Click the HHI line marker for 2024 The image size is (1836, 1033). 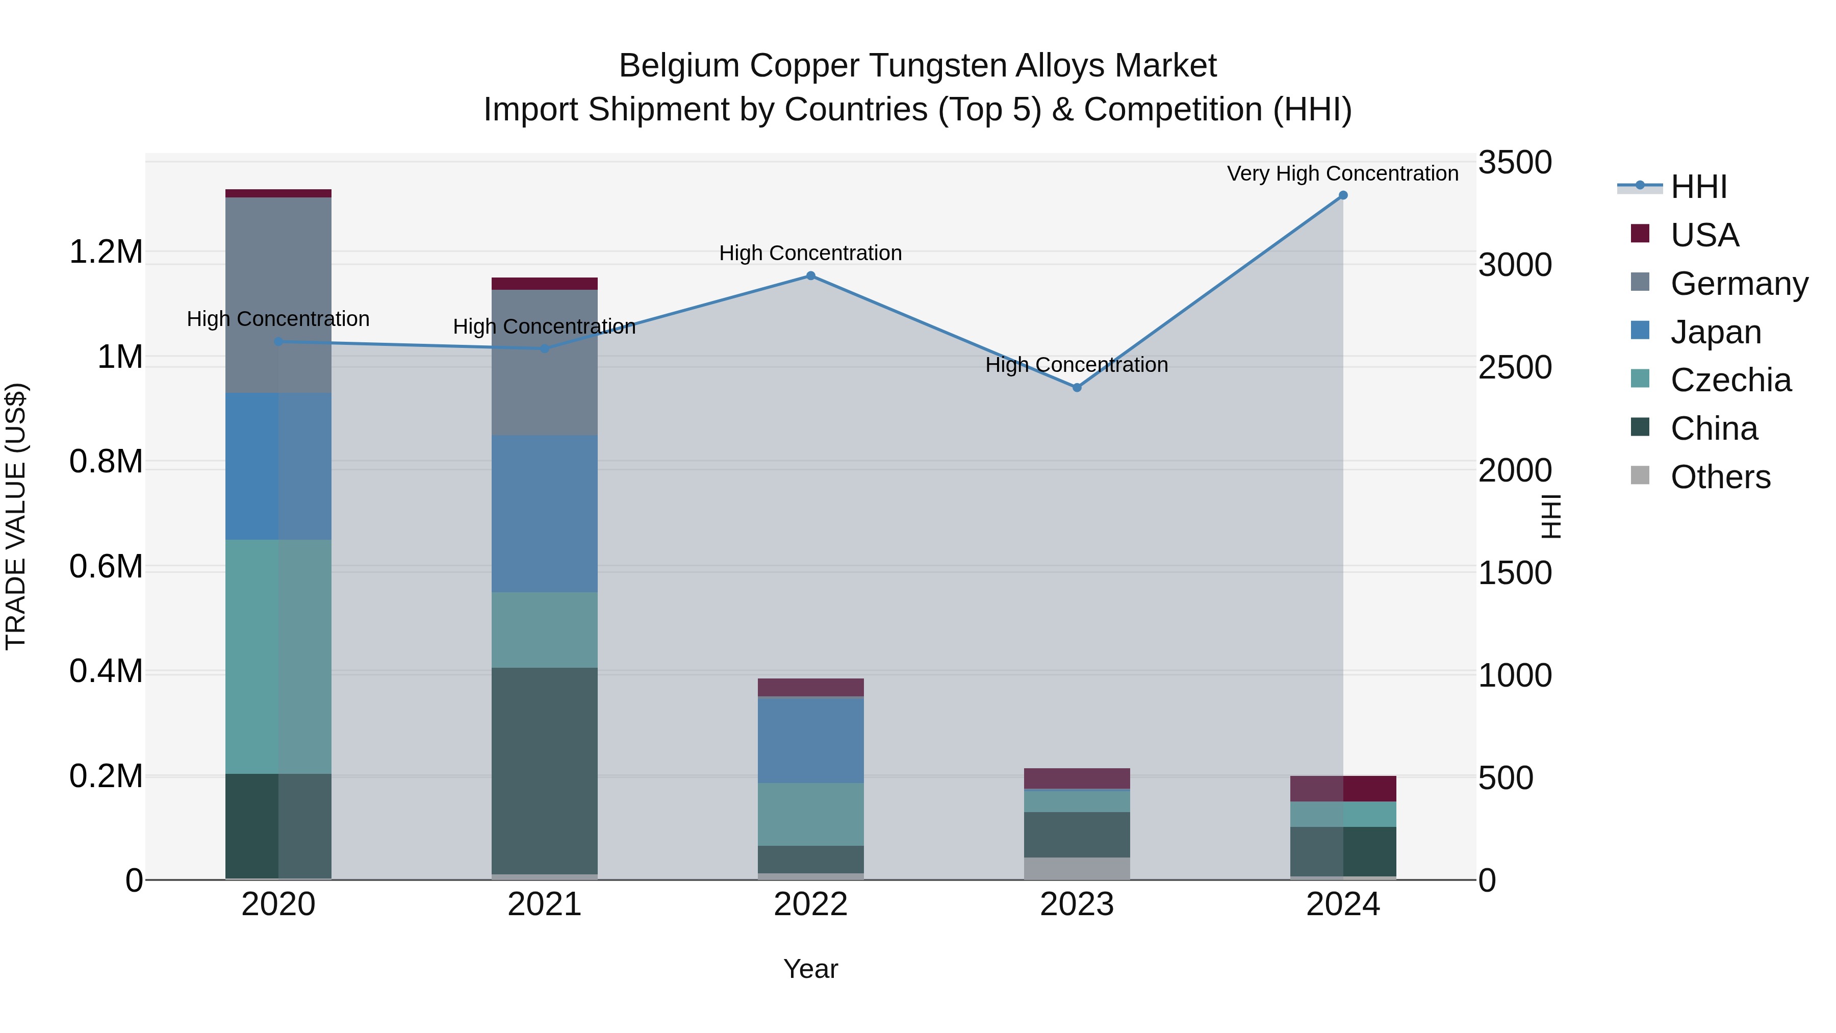coord(1343,195)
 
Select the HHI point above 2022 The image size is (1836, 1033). coord(810,276)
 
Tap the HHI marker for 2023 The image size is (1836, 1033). coord(1077,388)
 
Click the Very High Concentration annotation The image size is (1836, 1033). coord(1342,173)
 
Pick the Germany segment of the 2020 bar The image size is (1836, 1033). coord(278,295)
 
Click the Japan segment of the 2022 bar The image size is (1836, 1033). coord(810,740)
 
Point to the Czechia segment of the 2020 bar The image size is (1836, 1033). coord(278,657)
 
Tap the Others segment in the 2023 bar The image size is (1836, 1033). coord(1077,868)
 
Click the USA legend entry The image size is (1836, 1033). coord(1704,235)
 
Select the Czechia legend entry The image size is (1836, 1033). coord(1730,381)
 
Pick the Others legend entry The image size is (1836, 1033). coord(1720,477)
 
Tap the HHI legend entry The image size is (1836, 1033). coord(1698,187)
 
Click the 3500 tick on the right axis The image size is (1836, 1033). coord(1515,163)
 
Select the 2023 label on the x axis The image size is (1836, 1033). coord(1077,904)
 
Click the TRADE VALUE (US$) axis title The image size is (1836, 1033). coord(16,516)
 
